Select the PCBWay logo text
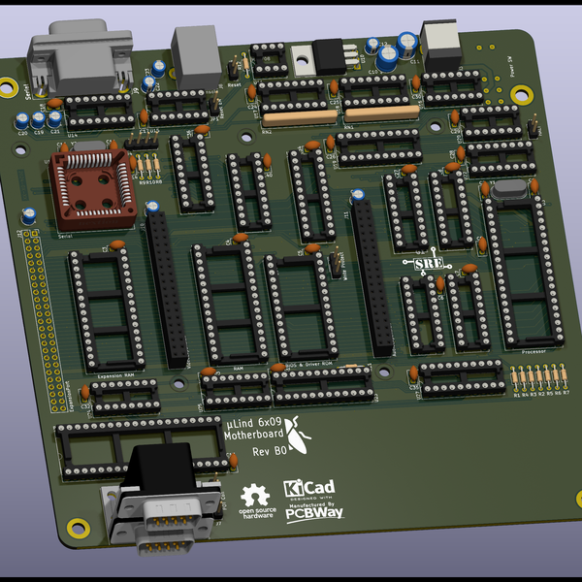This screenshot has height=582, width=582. point(313,515)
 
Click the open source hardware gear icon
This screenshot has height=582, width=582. point(256,495)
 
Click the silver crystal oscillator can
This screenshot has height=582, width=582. point(510,191)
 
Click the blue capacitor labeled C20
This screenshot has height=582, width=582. point(21,120)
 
